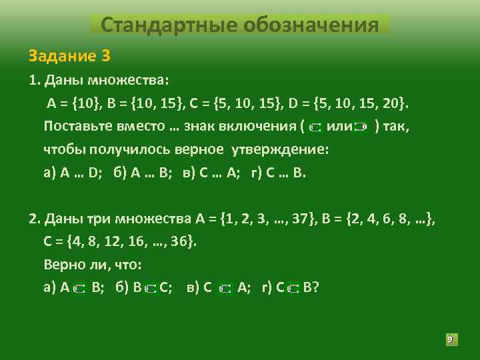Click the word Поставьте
tap(84, 126)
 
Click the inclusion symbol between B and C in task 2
tap(151, 289)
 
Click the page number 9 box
tap(449, 340)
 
